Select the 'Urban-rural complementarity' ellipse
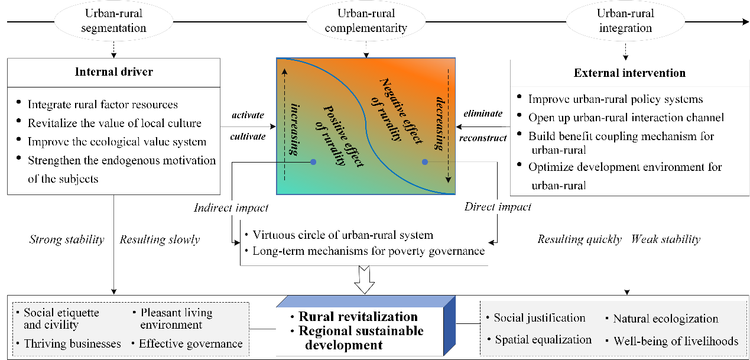[x=365, y=21]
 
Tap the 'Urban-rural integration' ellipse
[x=624, y=21]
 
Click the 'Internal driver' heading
[x=113, y=72]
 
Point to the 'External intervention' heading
[x=629, y=73]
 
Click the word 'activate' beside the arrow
[x=248, y=115]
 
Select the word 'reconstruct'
[x=483, y=138]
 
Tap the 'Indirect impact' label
[x=231, y=207]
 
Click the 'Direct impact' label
[x=498, y=207]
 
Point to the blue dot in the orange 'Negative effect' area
[x=424, y=161]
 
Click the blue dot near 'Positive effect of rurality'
[x=313, y=161]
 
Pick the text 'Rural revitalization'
[x=358, y=317]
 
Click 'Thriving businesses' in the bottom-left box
[x=72, y=343]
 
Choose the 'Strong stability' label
[x=67, y=239]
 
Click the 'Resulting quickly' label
[x=579, y=239]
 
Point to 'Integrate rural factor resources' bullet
[x=102, y=105]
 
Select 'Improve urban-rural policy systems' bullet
[x=615, y=99]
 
